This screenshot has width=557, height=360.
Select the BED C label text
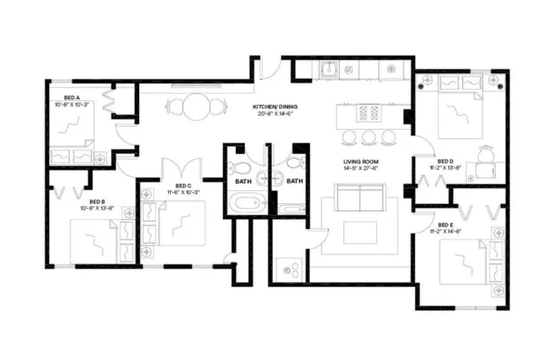pos(182,188)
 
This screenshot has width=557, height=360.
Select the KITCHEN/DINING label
pos(278,109)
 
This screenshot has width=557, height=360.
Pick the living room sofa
pos(358,198)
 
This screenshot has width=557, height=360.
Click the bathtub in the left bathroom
pos(245,205)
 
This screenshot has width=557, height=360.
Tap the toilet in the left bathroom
pos(241,167)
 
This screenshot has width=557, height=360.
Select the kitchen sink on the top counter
pos(329,68)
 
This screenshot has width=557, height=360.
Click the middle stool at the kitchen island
pos(369,137)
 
